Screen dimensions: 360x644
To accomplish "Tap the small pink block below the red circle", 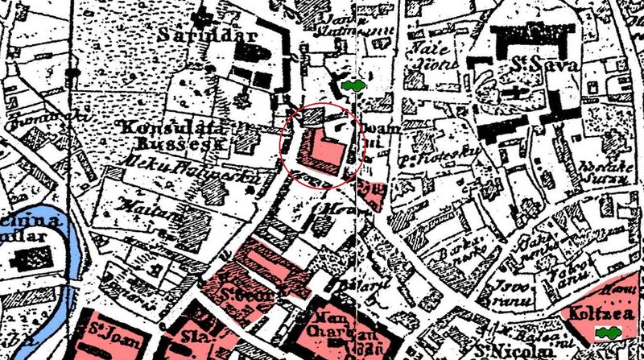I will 370,193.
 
